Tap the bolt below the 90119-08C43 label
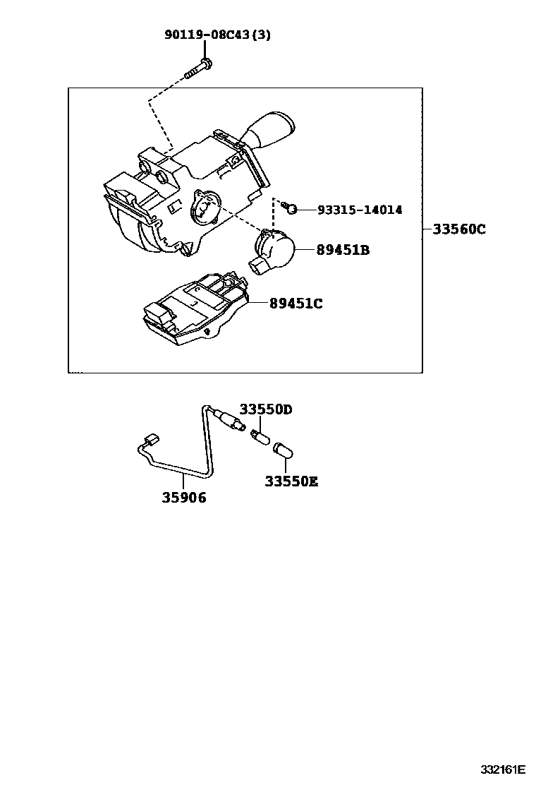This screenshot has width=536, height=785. coord(198,71)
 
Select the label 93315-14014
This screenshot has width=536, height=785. coord(360,210)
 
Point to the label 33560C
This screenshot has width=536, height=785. coord(459,229)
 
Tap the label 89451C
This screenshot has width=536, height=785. coord(296,304)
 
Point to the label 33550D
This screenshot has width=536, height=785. coord(265,409)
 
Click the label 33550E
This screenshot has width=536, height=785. coord(292,481)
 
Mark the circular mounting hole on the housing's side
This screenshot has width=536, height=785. coord(202,208)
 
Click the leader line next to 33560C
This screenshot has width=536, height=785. coord(427,229)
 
